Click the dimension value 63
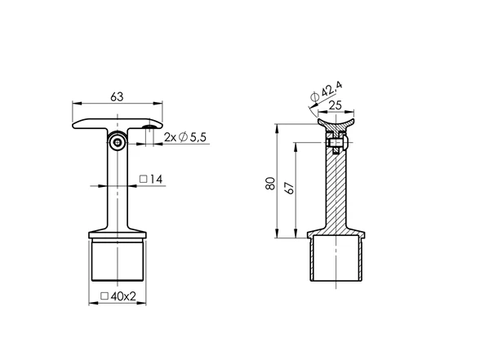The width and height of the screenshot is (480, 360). coord(117,96)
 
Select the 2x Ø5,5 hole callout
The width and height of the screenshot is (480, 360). coord(184,137)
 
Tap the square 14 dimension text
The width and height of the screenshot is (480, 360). coord(151,179)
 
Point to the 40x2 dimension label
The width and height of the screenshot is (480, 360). coord(118,296)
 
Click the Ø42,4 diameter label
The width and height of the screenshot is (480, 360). coord(327,91)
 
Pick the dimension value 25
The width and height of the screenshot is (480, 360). coord(335,105)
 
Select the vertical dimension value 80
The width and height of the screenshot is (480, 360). coord(271,184)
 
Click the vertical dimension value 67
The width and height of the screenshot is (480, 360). coord(289,188)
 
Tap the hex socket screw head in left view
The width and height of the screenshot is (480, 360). coord(118,142)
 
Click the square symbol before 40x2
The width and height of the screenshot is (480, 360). coord(104,296)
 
